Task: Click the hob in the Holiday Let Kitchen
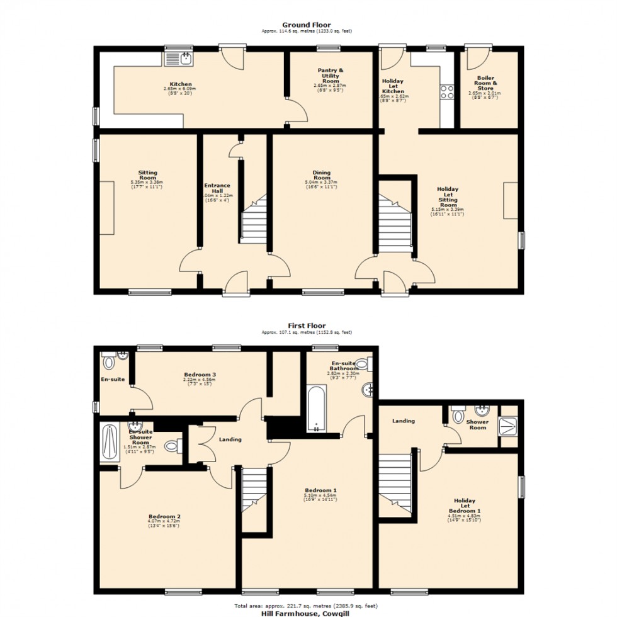click(x=448, y=92)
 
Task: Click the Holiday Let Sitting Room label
click(x=448, y=196)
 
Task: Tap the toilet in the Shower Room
click(x=458, y=415)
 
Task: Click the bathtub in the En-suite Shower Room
click(x=110, y=443)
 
